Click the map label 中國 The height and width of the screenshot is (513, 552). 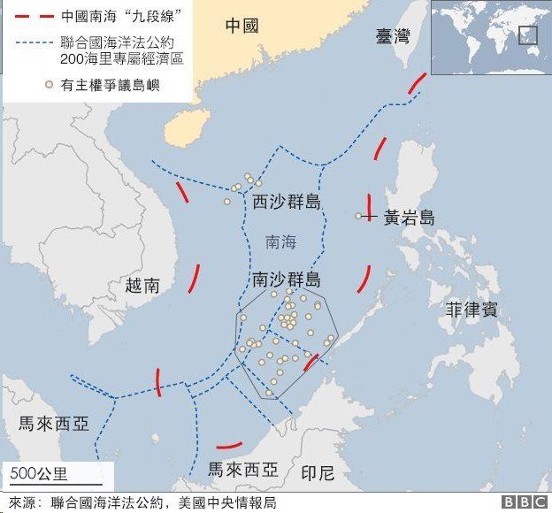241,26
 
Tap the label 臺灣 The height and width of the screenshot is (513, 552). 392,36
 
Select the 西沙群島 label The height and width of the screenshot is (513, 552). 286,203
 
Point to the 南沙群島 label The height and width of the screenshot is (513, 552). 286,280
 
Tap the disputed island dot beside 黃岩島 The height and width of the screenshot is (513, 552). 359,216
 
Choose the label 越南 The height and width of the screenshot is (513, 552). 142,285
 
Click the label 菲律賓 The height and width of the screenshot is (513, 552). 471,310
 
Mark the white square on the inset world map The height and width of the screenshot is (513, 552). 528,35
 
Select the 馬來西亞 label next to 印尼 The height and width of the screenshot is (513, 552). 241,469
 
